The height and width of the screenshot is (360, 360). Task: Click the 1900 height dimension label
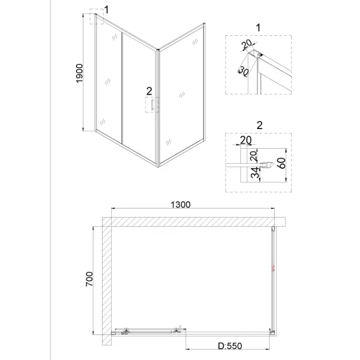(79, 74)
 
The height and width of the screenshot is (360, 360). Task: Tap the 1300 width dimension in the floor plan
(180, 205)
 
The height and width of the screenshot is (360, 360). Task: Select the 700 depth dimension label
(89, 279)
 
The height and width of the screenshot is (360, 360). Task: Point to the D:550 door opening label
(230, 346)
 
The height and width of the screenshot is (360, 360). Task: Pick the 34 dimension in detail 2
(255, 173)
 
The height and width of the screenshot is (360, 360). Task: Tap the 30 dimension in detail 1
(244, 71)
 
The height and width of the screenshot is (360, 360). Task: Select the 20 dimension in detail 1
(247, 44)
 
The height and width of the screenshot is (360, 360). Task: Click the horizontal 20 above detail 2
(246, 140)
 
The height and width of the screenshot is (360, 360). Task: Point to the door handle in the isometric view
(152, 104)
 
